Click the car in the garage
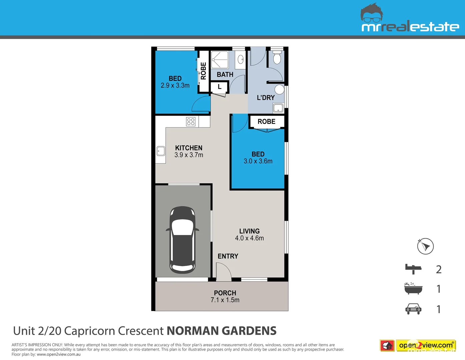click(182, 239)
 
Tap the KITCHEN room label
click(189, 148)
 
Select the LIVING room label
click(249, 231)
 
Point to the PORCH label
click(225, 293)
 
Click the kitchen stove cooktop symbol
click(191, 122)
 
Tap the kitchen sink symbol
click(161, 151)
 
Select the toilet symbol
click(277, 58)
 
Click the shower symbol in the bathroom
click(220, 60)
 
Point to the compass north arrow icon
click(425, 246)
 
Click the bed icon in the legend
click(413, 269)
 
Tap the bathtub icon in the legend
click(413, 289)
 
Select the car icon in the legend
click(413, 309)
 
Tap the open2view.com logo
click(418, 346)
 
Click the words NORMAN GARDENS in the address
click(221, 331)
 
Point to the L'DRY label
click(266, 98)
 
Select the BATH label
click(225, 74)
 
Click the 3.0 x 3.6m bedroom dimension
click(258, 161)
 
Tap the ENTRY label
click(228, 256)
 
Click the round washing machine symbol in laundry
click(279, 89)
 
